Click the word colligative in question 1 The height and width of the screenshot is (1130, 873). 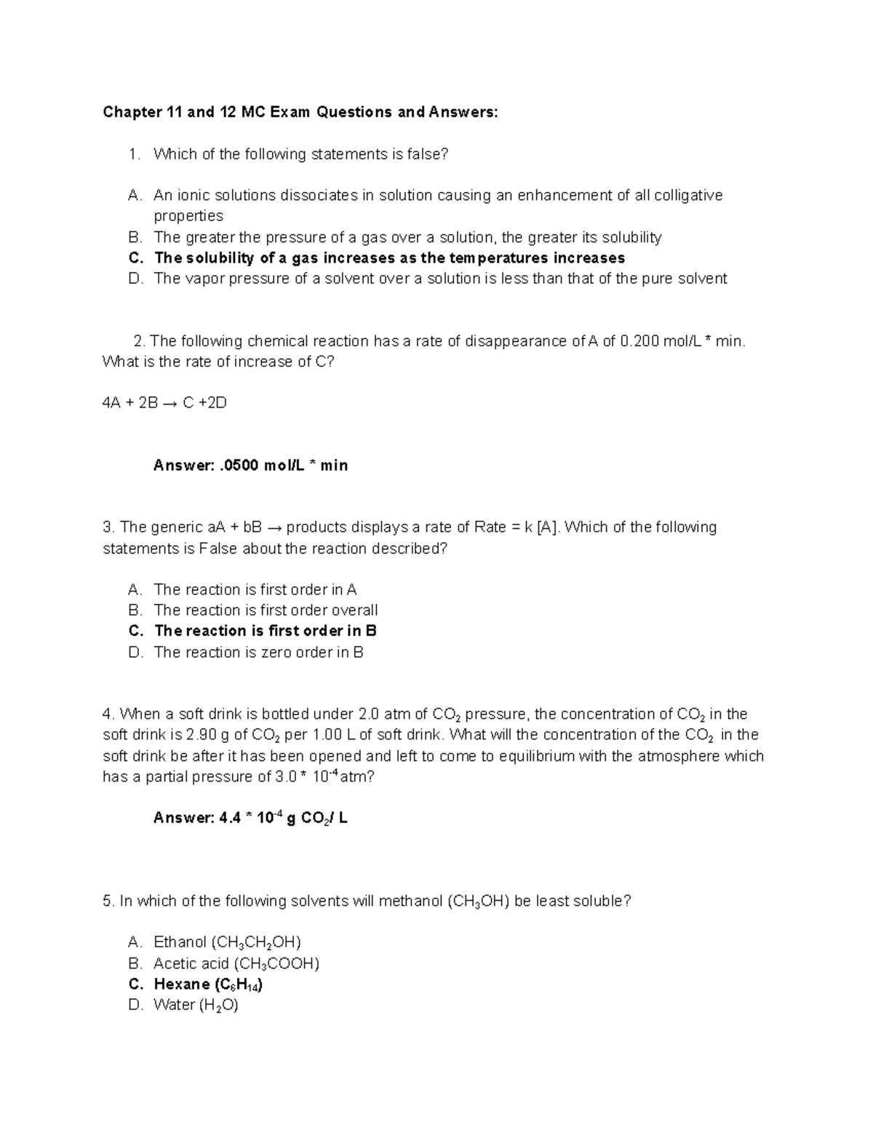point(688,195)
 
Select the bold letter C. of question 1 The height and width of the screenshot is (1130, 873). point(135,258)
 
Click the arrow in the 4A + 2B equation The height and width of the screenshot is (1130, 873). point(167,402)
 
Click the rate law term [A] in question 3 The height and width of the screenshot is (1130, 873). point(548,528)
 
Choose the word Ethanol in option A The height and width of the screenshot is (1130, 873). point(180,943)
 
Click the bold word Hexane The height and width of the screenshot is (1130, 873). point(182,984)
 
